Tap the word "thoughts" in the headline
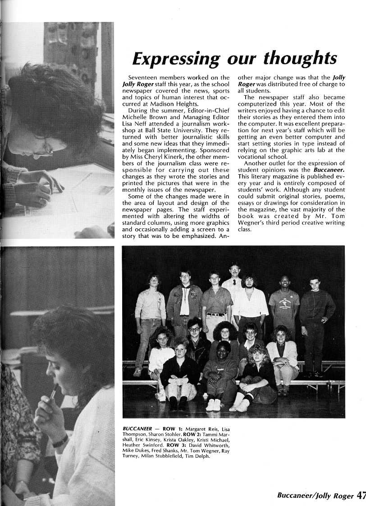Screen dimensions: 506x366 (300, 59)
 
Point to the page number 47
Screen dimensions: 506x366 (361, 495)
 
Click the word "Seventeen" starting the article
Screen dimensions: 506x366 (143, 78)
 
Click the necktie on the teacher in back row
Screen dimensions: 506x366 (234, 282)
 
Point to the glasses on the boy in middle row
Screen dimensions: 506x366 (194, 329)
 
